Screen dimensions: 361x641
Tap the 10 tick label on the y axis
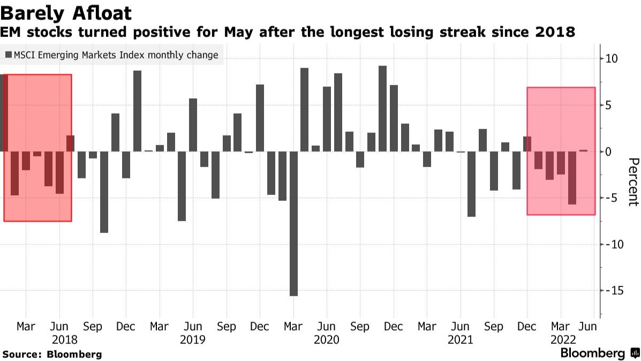(611, 59)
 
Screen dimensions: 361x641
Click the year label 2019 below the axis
(193, 340)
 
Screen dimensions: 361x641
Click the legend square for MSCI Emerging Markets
(9, 55)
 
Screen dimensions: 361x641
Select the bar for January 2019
(137, 111)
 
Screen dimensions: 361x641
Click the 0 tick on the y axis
(608, 152)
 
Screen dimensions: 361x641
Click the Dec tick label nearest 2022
(527, 326)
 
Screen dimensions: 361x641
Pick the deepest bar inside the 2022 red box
(572, 178)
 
